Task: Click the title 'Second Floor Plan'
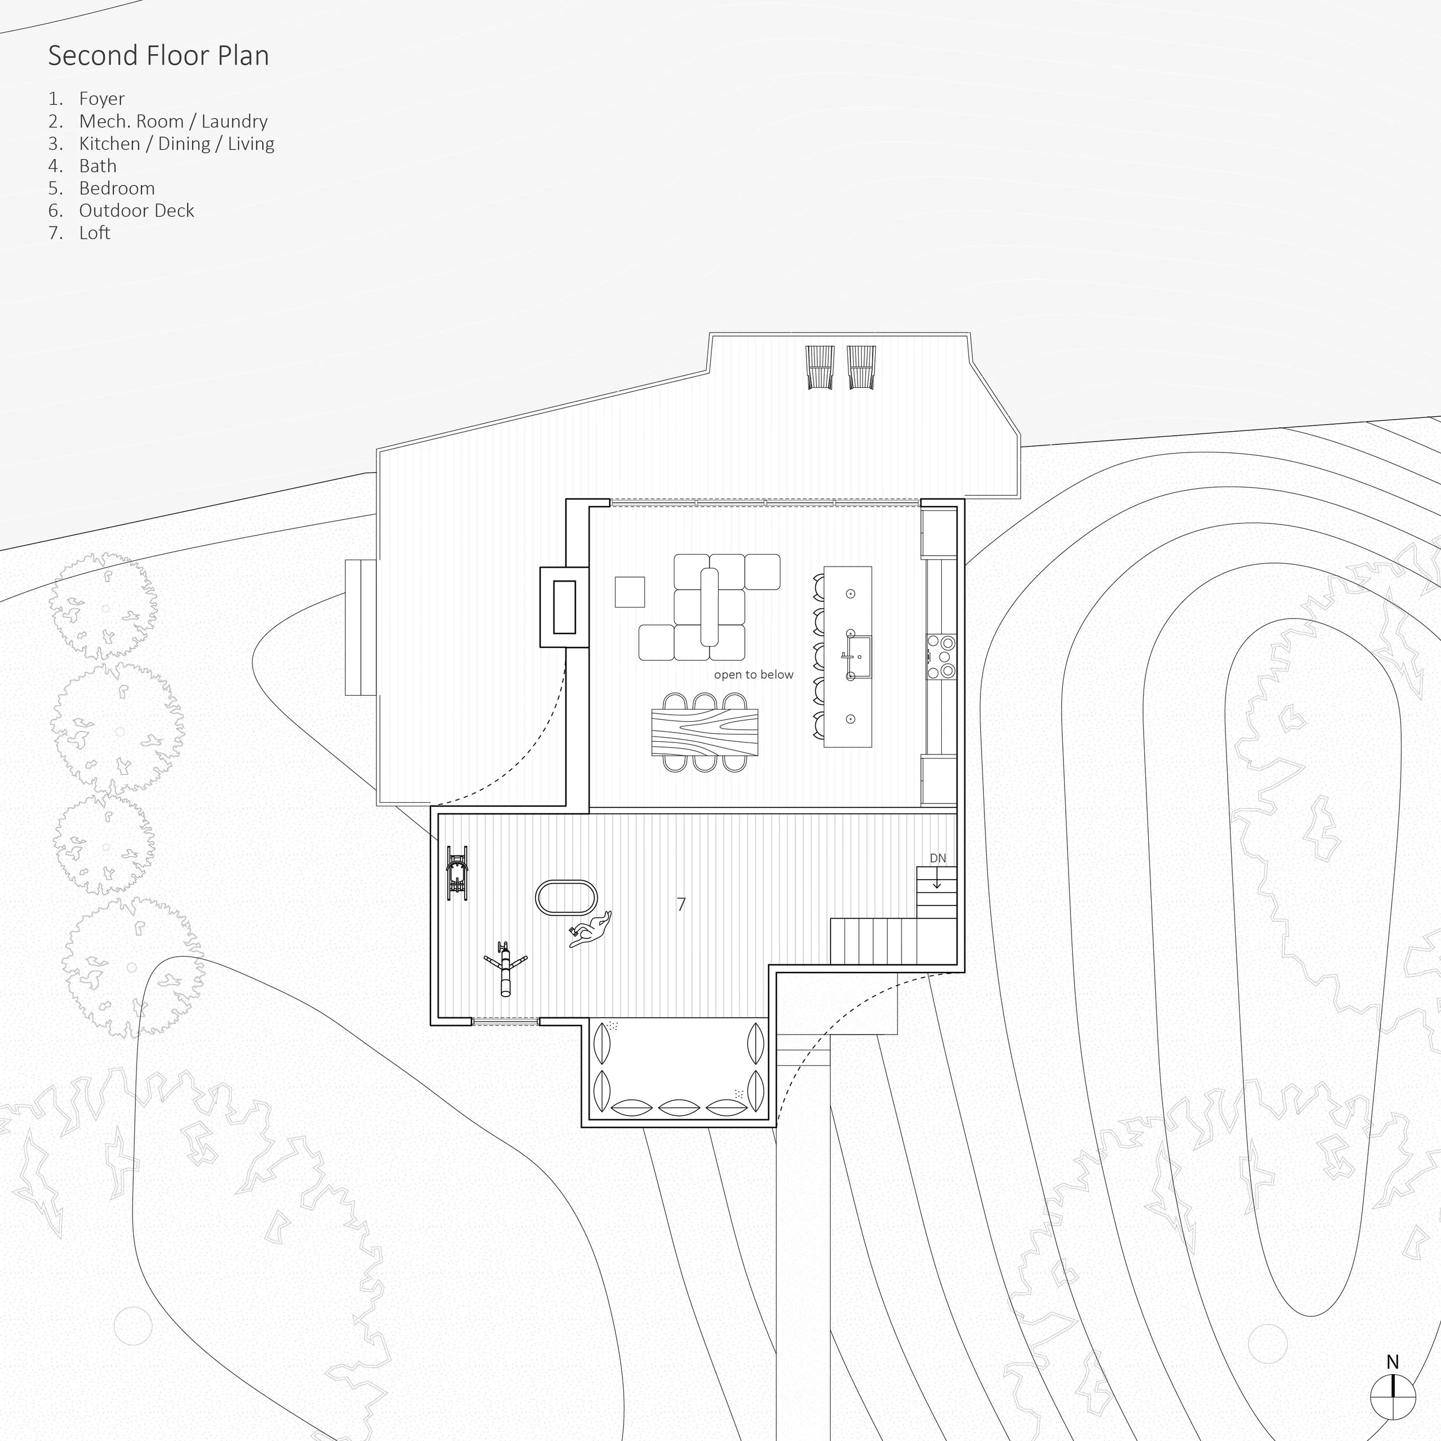pyautogui.click(x=158, y=56)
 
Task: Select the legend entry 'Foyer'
pyautogui.click(x=101, y=99)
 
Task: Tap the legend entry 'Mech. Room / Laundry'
pyautogui.click(x=173, y=121)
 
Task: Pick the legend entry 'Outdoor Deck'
pyautogui.click(x=137, y=210)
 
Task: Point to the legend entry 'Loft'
pyautogui.click(x=95, y=233)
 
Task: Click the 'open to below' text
pyautogui.click(x=753, y=674)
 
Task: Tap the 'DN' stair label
pyautogui.click(x=938, y=858)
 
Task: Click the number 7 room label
pyautogui.click(x=681, y=904)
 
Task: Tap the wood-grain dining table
pyautogui.click(x=705, y=733)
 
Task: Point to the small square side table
pyautogui.click(x=629, y=591)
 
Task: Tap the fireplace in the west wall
pyautogui.click(x=565, y=606)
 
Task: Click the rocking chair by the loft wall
pyautogui.click(x=457, y=872)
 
